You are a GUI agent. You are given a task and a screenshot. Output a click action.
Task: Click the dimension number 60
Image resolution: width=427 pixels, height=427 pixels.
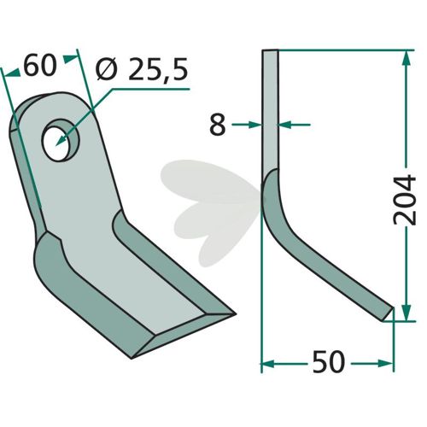pyautogui.click(x=39, y=66)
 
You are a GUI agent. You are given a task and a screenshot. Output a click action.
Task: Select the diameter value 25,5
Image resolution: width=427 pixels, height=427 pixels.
pyautogui.click(x=158, y=69)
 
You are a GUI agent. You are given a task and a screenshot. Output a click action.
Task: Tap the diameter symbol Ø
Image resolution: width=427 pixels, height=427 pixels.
pyautogui.click(x=107, y=69)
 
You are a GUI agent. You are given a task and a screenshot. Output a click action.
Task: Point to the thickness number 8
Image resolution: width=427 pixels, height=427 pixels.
pyautogui.click(x=218, y=125)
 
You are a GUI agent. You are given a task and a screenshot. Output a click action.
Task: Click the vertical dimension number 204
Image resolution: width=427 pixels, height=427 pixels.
pyautogui.click(x=405, y=200)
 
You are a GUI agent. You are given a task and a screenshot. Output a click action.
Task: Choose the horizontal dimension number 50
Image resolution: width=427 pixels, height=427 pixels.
pyautogui.click(x=329, y=362)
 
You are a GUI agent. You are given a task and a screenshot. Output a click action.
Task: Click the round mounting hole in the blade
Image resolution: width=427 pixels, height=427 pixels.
pyautogui.click(x=61, y=140)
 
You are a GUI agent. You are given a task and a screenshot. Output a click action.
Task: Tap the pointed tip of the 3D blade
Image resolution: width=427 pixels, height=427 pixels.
pyautogui.click(x=235, y=314)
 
